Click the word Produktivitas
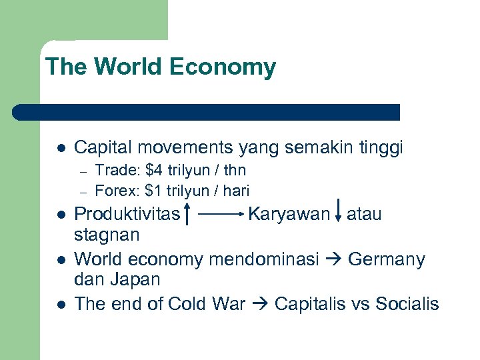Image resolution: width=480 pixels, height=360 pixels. coord(127,214)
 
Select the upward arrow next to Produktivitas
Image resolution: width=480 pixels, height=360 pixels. coord(188,214)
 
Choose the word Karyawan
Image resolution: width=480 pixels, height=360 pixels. coord(289,214)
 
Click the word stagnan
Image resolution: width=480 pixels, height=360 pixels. coord(107,235)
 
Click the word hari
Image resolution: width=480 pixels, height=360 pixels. coord(236,191)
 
